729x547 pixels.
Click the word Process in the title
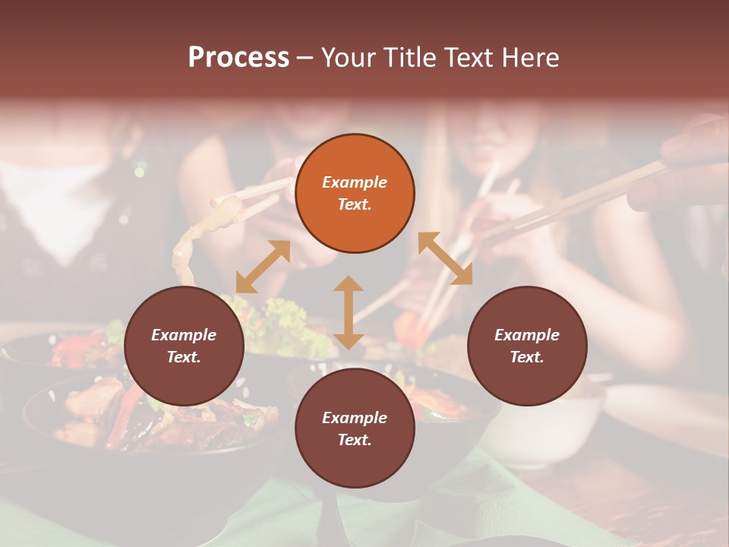click(x=238, y=58)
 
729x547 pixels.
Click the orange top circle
click(x=355, y=193)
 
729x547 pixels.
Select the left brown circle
click(x=184, y=346)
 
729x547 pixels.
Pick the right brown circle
click(x=527, y=346)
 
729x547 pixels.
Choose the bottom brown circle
click(x=355, y=428)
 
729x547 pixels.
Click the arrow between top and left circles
click(x=263, y=267)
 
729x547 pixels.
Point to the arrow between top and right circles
click(x=445, y=259)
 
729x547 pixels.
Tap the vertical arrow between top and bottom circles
click(x=349, y=312)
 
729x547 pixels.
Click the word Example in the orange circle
click(x=355, y=182)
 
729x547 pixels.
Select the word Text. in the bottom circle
click(x=355, y=440)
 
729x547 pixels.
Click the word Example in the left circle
click(x=184, y=335)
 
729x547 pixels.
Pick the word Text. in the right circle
click(x=527, y=357)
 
